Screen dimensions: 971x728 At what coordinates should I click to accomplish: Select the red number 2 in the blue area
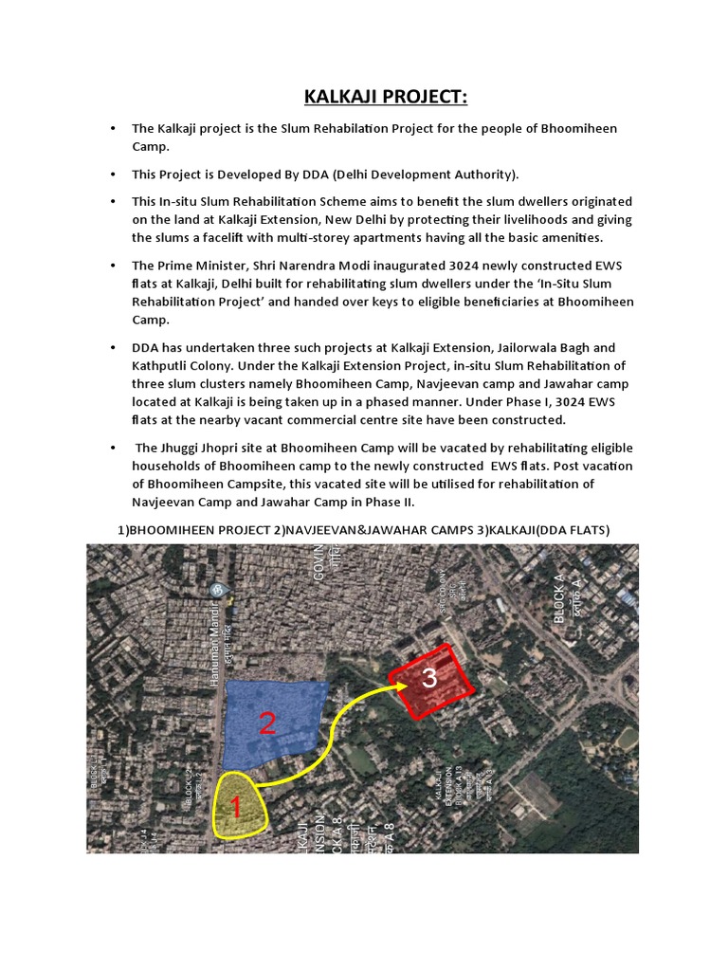(x=267, y=725)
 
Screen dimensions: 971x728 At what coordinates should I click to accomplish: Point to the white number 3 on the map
(x=429, y=679)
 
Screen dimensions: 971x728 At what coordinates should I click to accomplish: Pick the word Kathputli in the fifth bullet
(x=164, y=365)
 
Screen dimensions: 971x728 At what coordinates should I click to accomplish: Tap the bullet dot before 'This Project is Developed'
(x=113, y=174)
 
